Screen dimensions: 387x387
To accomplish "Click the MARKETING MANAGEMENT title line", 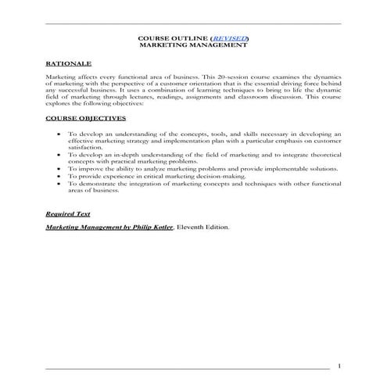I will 193,45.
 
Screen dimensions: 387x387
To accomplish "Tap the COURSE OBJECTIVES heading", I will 84,118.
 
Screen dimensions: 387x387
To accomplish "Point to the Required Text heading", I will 67,213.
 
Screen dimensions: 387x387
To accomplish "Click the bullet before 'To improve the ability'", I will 60,167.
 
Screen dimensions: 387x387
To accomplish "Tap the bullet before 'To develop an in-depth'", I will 60,154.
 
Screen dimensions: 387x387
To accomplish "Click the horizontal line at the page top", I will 193,23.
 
